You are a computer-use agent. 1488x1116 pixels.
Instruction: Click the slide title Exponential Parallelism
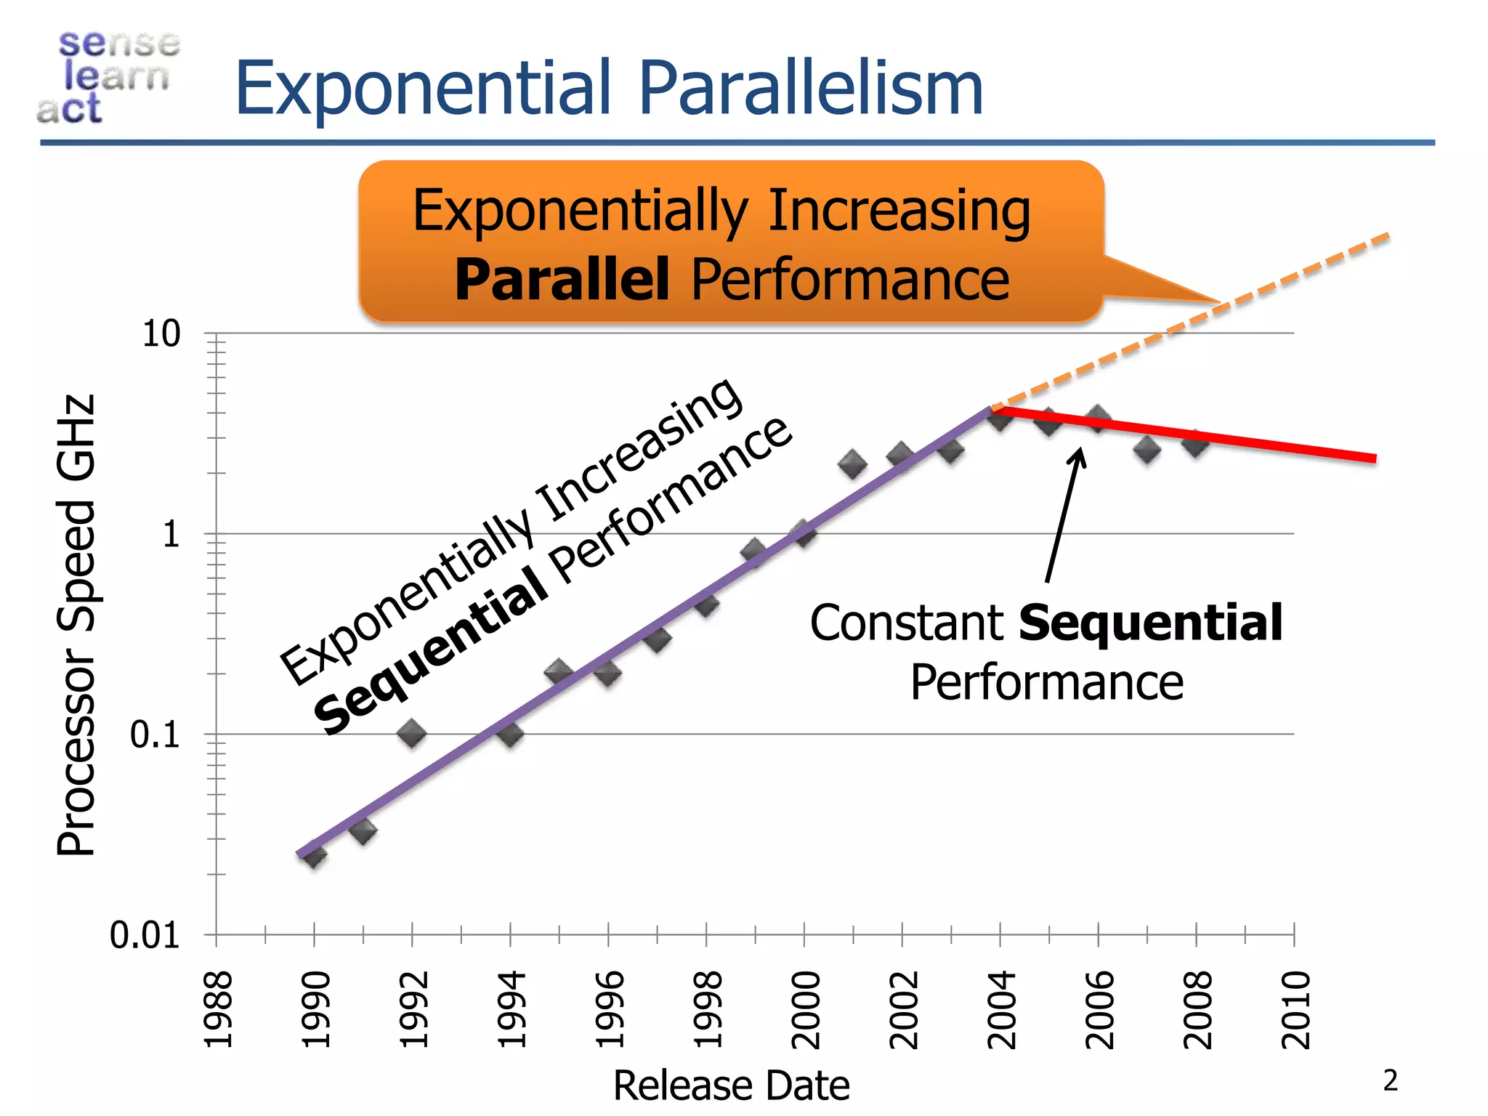(x=609, y=89)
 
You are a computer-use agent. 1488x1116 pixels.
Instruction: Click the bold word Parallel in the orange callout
(x=561, y=280)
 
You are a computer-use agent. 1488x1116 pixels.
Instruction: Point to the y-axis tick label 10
(x=161, y=334)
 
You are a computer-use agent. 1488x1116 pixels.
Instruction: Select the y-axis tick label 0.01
(x=144, y=936)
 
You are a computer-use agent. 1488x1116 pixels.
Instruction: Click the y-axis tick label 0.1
(x=154, y=735)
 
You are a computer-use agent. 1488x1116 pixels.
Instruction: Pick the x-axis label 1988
(x=217, y=1010)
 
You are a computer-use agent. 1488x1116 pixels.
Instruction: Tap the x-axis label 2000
(x=805, y=1010)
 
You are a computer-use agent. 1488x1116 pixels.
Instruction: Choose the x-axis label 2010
(x=1295, y=1010)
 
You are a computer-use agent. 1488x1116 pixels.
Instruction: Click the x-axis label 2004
(x=1001, y=1010)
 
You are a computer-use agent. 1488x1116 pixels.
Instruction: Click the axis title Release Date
(x=731, y=1086)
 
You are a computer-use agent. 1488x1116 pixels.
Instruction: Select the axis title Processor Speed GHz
(x=76, y=625)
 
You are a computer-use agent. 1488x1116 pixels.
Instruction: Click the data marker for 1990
(x=314, y=855)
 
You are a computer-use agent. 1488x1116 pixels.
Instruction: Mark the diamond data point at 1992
(x=412, y=733)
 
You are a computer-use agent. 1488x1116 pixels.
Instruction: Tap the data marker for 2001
(x=852, y=464)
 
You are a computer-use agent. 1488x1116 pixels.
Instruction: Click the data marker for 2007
(x=1147, y=450)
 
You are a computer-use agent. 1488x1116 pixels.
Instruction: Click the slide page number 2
(x=1390, y=1080)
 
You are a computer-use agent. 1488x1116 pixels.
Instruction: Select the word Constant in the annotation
(x=907, y=623)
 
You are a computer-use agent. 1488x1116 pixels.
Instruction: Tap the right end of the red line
(x=1373, y=458)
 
